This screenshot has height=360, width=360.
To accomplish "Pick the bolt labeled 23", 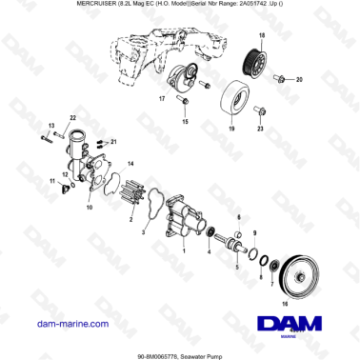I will click(x=259, y=112).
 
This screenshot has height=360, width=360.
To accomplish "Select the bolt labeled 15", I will click(x=185, y=106).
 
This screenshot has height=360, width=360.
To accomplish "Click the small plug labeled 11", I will click(x=65, y=187).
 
